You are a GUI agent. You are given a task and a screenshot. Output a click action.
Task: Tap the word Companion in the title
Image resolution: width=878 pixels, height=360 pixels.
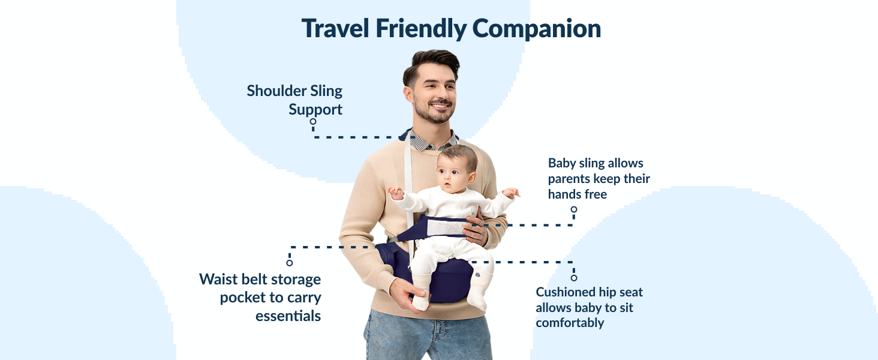coord(537,28)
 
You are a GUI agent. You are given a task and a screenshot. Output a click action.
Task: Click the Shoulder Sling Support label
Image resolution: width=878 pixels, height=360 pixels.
coord(295,100)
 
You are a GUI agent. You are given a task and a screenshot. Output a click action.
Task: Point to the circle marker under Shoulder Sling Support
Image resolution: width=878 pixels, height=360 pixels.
coord(313,121)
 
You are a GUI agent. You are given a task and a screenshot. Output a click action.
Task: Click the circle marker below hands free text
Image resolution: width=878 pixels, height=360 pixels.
coord(574,210)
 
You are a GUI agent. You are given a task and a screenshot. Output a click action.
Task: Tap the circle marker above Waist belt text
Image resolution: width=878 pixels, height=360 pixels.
coord(290,263)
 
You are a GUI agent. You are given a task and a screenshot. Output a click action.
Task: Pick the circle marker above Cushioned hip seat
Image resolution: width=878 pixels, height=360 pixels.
coord(574,278)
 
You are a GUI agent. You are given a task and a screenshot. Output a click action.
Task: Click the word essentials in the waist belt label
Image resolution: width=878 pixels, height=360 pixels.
coord(288,316)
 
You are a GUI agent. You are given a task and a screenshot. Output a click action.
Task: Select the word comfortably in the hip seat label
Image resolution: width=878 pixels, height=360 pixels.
coord(570,323)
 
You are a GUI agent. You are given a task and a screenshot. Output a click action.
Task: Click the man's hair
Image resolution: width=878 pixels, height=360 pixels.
coord(431,62)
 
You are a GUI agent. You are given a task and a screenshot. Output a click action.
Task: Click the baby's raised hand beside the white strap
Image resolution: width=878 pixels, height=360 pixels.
coord(396,193)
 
